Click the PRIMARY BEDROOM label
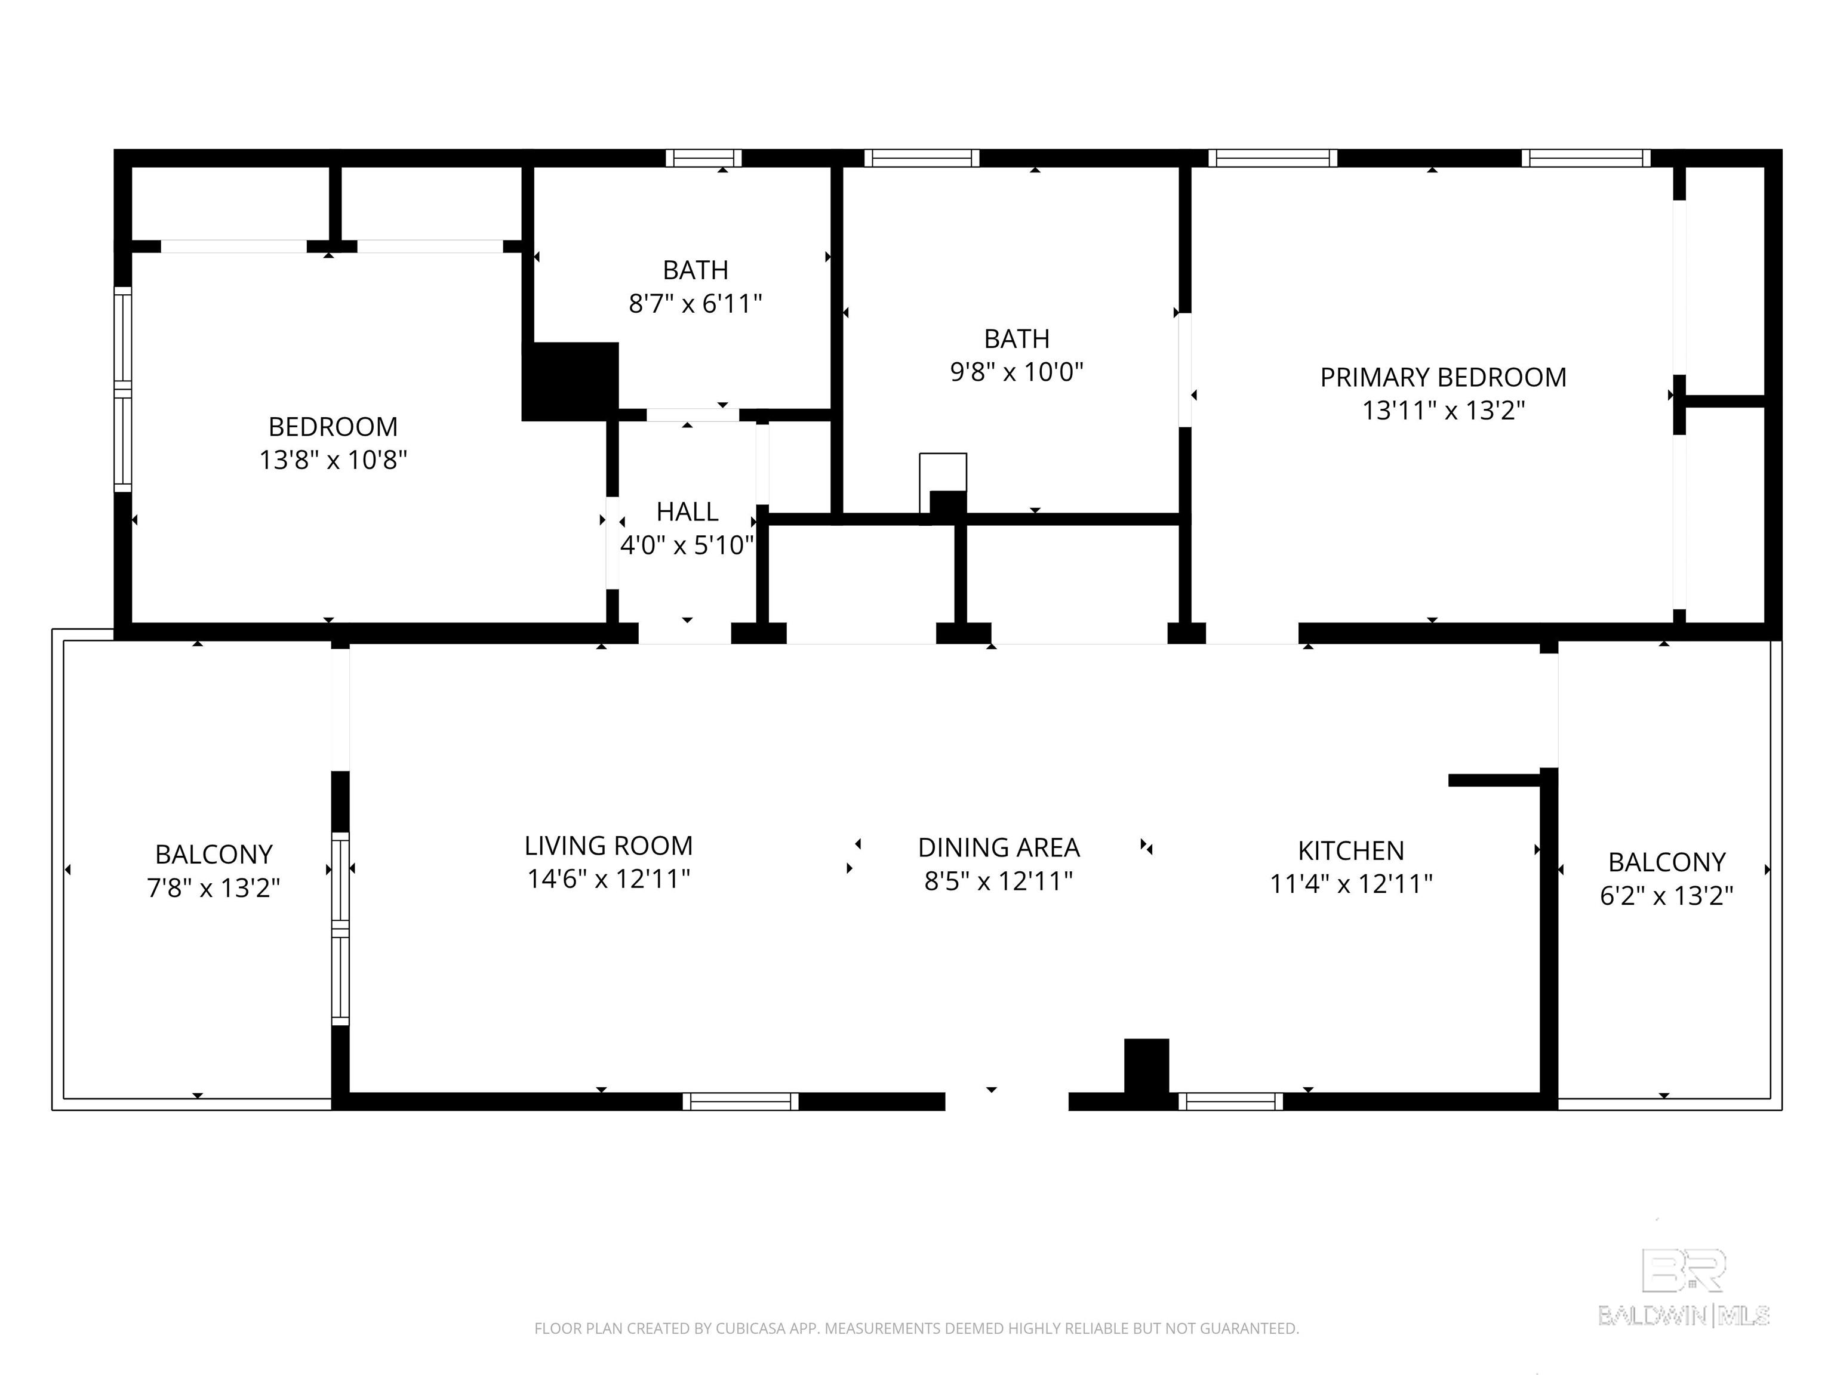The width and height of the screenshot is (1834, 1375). (x=1442, y=378)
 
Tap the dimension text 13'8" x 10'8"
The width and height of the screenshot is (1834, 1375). (x=333, y=460)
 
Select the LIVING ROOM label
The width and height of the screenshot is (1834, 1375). (x=608, y=846)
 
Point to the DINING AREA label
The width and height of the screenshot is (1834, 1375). (x=998, y=848)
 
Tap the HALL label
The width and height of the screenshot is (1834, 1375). (x=687, y=512)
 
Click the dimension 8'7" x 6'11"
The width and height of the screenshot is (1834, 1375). (x=695, y=304)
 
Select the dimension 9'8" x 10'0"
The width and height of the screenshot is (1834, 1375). (x=1017, y=372)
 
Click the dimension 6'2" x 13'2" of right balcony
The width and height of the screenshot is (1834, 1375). (x=1666, y=896)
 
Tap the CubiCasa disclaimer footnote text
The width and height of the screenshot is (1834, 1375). (x=916, y=1328)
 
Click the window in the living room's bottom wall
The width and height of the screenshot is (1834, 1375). (x=740, y=1102)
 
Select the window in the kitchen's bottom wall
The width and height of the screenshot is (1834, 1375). (x=1230, y=1102)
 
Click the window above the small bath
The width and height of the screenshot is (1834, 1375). (x=703, y=158)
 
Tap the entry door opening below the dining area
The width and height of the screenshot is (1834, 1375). (x=1007, y=1102)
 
